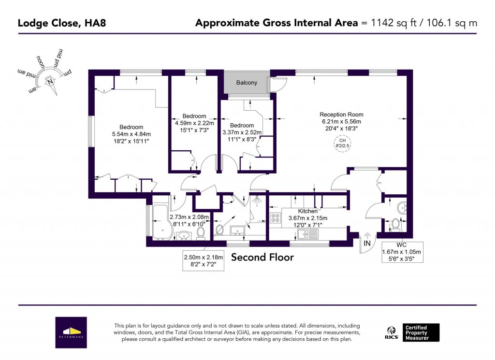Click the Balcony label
247,83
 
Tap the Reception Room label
341,115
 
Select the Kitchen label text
307,211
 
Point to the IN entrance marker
367,244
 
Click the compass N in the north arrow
50,82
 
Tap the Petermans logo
71,332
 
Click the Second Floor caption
262,257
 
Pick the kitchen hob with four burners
276,218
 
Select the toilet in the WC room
395,224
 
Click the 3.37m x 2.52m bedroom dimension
242,132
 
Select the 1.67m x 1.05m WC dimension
402,252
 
